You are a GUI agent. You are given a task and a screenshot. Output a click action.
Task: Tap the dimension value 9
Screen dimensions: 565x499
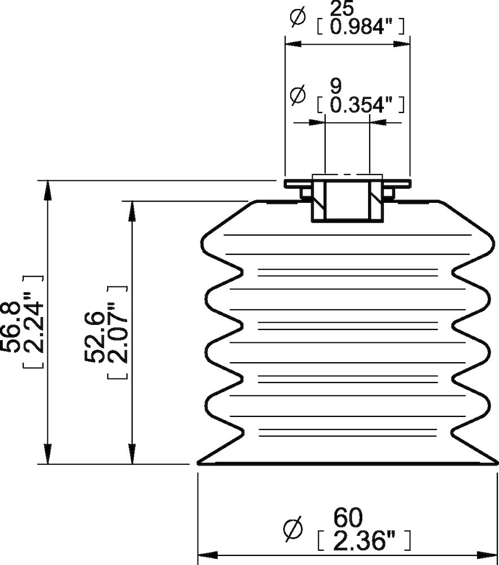(335, 86)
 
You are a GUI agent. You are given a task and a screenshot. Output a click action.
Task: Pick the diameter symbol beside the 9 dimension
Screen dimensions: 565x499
(297, 94)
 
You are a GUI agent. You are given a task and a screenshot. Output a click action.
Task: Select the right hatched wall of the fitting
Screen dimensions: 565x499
(375, 200)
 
